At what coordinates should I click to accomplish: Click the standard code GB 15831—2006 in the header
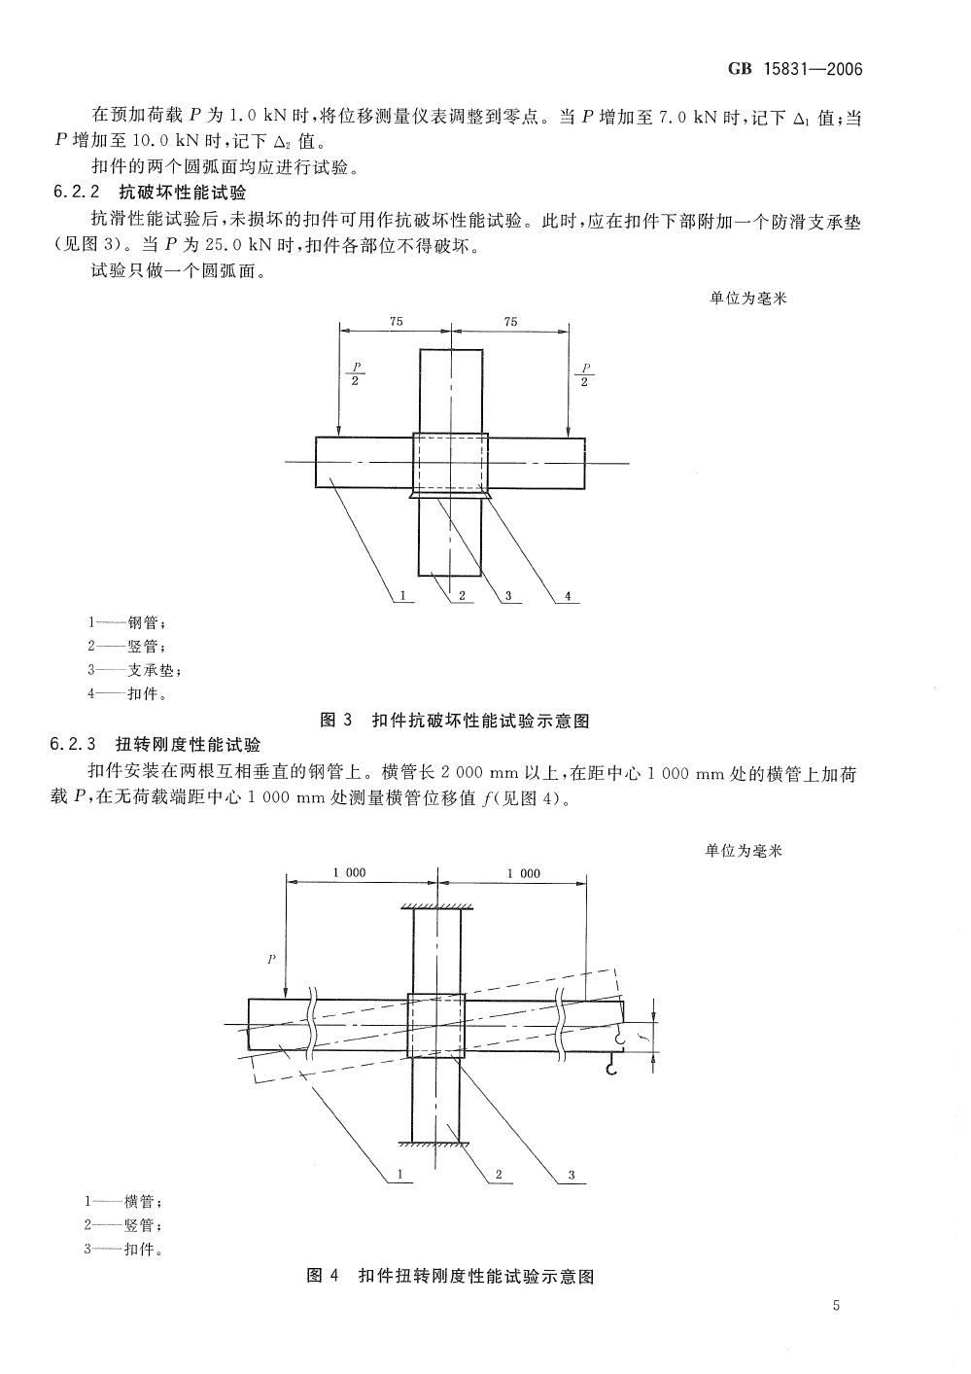tap(795, 69)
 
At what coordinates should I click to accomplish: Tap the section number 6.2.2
tap(77, 192)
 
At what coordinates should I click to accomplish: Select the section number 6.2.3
tap(74, 745)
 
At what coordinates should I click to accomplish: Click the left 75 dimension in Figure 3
tap(396, 321)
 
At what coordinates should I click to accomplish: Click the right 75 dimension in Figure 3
tap(510, 321)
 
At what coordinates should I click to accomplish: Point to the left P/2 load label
tap(356, 374)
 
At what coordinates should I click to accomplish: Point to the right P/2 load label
tap(585, 374)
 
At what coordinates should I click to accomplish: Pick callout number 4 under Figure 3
tap(568, 596)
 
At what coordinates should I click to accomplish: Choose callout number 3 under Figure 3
tap(508, 596)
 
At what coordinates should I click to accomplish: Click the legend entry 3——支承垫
tap(134, 670)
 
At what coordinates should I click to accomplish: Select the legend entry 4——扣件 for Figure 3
tap(127, 693)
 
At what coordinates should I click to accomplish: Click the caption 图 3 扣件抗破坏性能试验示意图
tap(454, 721)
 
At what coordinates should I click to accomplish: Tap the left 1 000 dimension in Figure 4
tap(349, 872)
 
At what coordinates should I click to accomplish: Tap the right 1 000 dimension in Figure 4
tap(524, 873)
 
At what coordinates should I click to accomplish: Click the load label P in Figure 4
tap(271, 959)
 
